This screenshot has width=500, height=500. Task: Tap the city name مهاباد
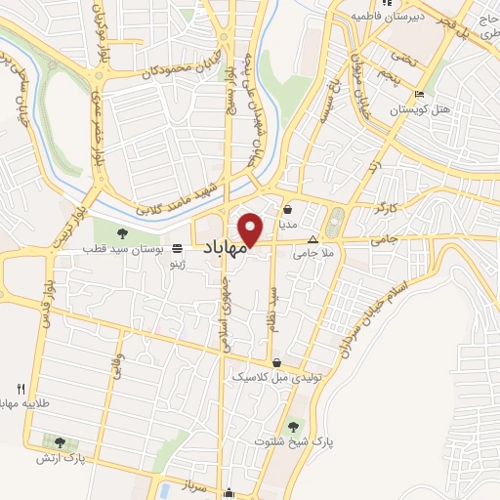224,250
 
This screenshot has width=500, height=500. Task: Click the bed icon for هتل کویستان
419,95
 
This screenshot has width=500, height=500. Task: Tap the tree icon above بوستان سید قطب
122,233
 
